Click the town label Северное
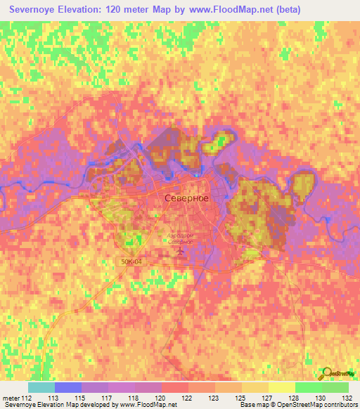pos(186,198)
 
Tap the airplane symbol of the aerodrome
pos(181,250)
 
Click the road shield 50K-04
pos(130,261)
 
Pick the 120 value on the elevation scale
pos(163,398)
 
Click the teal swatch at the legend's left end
pos(41,387)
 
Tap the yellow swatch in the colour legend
pos(281,387)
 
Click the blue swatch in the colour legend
pos(68,387)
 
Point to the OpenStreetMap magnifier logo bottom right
pos(328,373)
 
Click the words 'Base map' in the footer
pos(252,405)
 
